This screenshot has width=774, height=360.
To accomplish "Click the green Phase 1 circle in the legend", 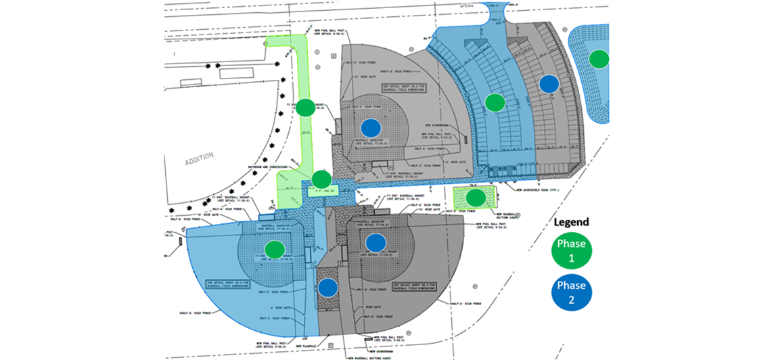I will (x=572, y=250).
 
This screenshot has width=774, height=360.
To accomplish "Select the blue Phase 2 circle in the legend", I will (x=572, y=292).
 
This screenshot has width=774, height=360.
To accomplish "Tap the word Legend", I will (x=572, y=222).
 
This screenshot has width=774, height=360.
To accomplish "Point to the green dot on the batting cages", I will (x=476, y=198).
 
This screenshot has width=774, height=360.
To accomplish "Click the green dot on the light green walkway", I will (x=306, y=108).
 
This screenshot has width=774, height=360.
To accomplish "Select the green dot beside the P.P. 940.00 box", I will (x=321, y=180).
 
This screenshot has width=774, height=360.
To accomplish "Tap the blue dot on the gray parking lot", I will (x=549, y=84).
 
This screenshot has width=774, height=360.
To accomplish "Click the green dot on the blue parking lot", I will (x=495, y=103).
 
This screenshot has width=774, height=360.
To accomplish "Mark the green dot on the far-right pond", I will (x=598, y=59).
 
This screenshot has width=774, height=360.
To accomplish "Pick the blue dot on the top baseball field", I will (x=370, y=127).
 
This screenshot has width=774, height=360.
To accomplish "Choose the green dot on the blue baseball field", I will (x=274, y=249).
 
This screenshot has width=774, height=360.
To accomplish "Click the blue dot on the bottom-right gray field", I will (x=375, y=242).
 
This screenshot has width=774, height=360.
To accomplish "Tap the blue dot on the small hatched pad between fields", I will (x=328, y=288).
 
